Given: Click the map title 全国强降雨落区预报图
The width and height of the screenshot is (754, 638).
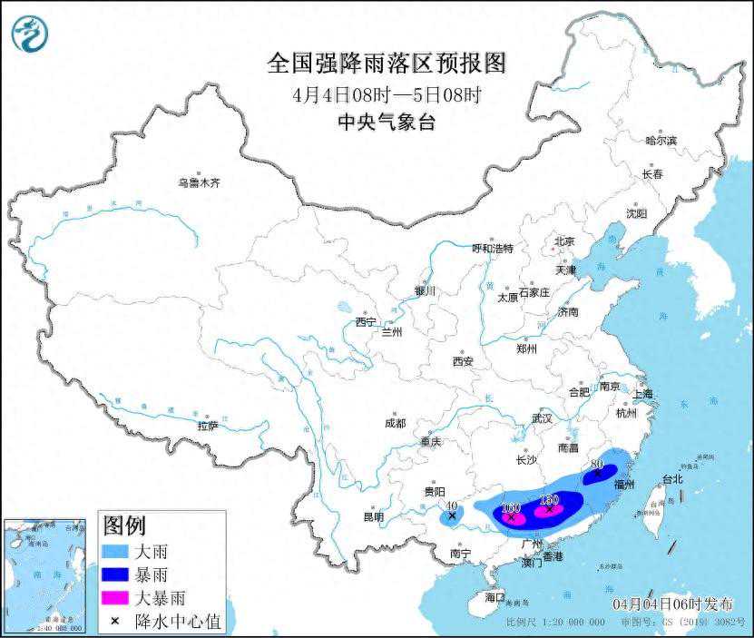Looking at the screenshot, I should [x=386, y=64].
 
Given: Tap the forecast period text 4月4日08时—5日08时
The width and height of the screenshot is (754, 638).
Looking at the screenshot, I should [x=387, y=94].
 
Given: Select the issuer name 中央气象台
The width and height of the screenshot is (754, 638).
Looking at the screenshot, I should [x=386, y=123].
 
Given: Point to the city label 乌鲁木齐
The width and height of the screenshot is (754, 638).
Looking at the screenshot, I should [x=199, y=182].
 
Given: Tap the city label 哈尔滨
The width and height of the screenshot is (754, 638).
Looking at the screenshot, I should [x=661, y=141].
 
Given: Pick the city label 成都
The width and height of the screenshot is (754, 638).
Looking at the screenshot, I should [x=395, y=423].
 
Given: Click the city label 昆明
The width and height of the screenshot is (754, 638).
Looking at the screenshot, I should [x=374, y=517].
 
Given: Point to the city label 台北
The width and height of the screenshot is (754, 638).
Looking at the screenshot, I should [x=672, y=478].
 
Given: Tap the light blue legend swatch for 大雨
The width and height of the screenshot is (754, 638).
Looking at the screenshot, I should [x=116, y=551].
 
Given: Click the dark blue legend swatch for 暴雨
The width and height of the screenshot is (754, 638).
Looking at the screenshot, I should [x=116, y=574].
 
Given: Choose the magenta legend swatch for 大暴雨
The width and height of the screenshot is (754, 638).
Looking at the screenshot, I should [x=116, y=598].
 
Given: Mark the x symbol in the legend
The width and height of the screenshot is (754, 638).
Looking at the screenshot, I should [x=115, y=622].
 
